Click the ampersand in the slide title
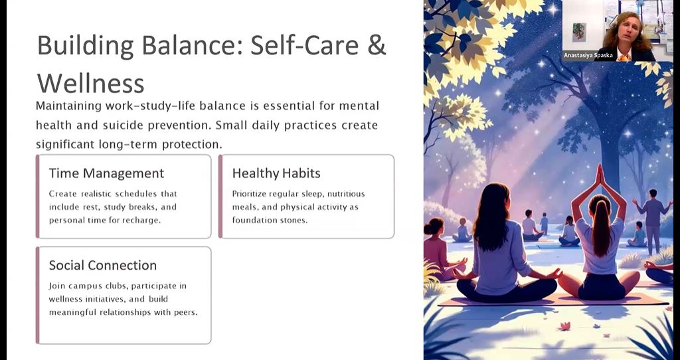pos(377,45)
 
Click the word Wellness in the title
pos(90,83)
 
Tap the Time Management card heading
pos(106,173)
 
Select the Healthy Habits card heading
pos(276,173)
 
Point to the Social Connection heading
pos(103,266)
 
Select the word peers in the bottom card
pos(186,313)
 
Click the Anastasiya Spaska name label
pos(588,56)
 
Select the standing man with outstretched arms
pos(652,220)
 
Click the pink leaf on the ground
pos(564,326)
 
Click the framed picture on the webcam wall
pos(579,32)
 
